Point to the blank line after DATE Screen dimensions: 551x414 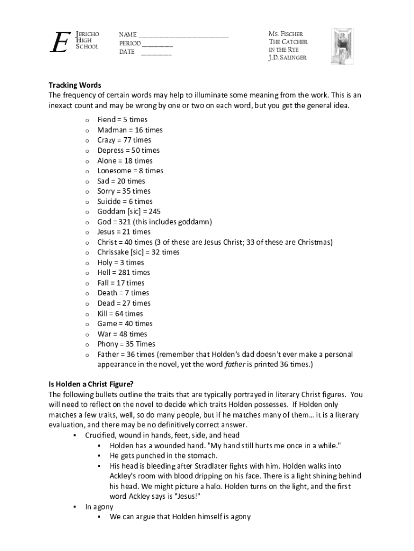click(156, 54)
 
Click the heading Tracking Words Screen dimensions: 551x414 click(75, 85)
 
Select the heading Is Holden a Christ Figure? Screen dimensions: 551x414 click(91, 384)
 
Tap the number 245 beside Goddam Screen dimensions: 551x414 click(154, 211)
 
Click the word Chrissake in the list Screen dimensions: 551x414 click(115, 252)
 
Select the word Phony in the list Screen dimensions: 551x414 click(108, 344)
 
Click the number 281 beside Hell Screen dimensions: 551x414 click(126, 272)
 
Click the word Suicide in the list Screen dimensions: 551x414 click(110, 201)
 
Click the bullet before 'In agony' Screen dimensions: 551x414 click(74, 507)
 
